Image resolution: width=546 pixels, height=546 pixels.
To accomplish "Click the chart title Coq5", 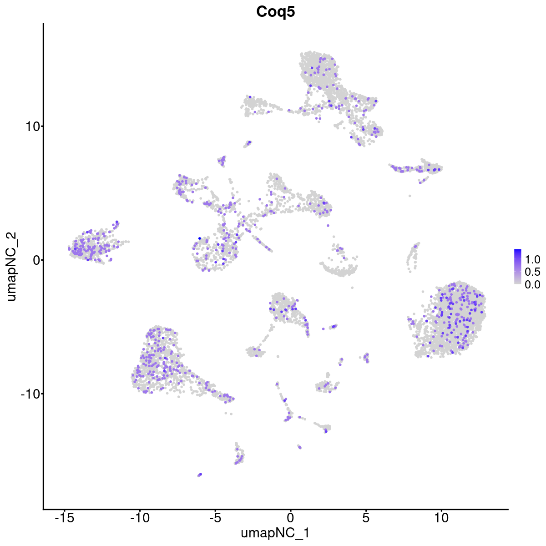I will click(275, 12).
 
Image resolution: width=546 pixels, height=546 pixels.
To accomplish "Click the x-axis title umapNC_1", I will click(275, 533).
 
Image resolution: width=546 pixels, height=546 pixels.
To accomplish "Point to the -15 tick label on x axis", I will click(65, 517).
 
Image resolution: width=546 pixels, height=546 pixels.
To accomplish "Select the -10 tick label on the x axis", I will click(140, 517).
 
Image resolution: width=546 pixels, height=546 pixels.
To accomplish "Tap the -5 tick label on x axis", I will click(215, 517).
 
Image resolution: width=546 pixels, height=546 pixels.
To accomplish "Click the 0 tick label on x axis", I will click(290, 517).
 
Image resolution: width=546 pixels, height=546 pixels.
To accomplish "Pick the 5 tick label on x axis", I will click(365, 517).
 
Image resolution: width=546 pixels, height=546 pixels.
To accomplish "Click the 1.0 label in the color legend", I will click(532, 260).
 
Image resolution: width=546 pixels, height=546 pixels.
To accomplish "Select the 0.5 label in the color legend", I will click(532, 272).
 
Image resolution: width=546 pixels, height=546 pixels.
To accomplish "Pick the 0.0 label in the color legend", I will click(532, 284).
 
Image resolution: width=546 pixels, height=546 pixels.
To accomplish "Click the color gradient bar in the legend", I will click(518, 267).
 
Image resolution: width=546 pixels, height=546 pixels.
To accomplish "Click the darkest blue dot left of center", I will click(199, 238).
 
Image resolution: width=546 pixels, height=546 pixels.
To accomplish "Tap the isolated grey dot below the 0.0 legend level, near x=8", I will click(410, 196).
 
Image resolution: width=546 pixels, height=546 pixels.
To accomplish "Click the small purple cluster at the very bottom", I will click(199, 475).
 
